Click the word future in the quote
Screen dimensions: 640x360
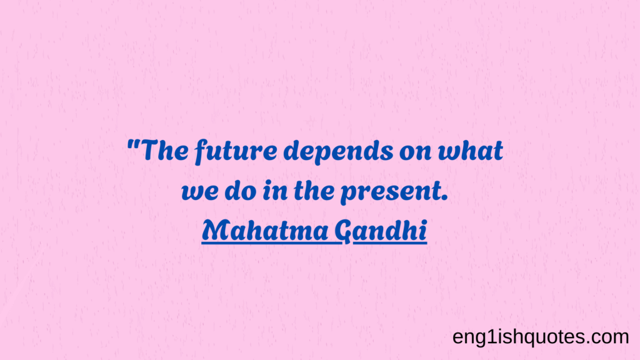pos(236,151)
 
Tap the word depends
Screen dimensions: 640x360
pos(338,151)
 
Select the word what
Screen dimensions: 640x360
pos(471,150)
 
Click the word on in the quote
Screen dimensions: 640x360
pos(416,152)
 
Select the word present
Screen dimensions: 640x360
pos(391,192)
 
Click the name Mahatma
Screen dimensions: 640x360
pos(265,230)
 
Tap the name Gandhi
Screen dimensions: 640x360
pos(381,231)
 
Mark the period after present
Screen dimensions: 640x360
pos(445,198)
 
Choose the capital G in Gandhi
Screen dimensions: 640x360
pos(343,232)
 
